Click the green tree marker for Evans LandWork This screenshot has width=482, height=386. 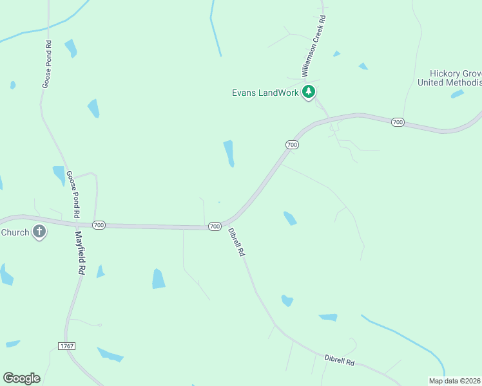[309, 92]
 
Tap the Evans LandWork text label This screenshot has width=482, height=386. [265, 93]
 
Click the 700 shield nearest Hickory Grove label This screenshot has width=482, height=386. [398, 122]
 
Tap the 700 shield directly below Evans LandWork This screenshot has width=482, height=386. [292, 145]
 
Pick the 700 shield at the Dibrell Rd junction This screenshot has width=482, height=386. [215, 226]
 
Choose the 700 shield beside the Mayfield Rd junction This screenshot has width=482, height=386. [99, 225]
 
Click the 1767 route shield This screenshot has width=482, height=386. [66, 346]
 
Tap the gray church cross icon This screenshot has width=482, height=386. [39, 232]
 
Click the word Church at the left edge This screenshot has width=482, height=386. [15, 232]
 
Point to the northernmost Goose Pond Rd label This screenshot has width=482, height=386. [46, 64]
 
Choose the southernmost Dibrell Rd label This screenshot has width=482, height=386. [340, 360]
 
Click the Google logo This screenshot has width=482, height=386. [21, 378]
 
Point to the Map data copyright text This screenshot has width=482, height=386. [455, 381]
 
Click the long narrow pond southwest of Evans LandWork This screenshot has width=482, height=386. [229, 153]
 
